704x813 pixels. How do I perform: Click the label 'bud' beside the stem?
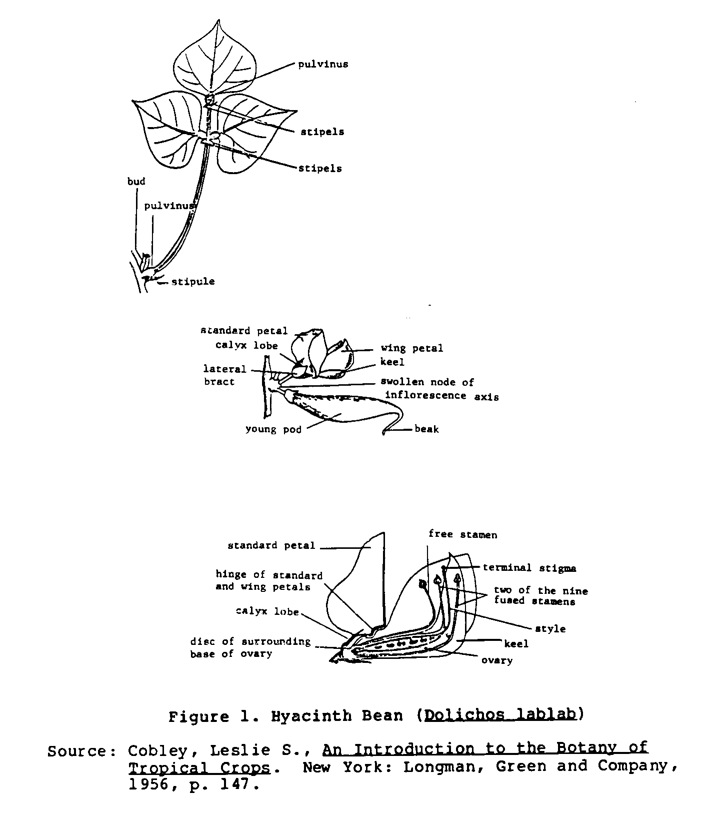(136, 182)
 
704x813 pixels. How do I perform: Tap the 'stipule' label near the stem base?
(193, 282)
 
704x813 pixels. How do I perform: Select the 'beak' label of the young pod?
(426, 429)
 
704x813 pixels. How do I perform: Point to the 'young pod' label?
(273, 429)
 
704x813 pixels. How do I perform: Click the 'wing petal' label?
(412, 348)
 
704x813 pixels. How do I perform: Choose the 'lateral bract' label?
(224, 375)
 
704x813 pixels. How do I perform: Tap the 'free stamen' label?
(462, 535)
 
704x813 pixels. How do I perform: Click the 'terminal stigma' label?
(529, 568)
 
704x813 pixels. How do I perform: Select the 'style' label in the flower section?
(550, 629)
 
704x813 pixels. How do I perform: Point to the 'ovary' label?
(496, 661)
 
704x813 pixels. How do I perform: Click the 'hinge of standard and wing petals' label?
(269, 581)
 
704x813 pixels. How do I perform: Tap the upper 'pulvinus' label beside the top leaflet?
(323, 65)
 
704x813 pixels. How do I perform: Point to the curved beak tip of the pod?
(385, 431)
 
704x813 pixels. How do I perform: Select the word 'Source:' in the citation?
(77, 752)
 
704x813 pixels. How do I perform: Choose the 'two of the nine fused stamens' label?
(540, 596)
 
